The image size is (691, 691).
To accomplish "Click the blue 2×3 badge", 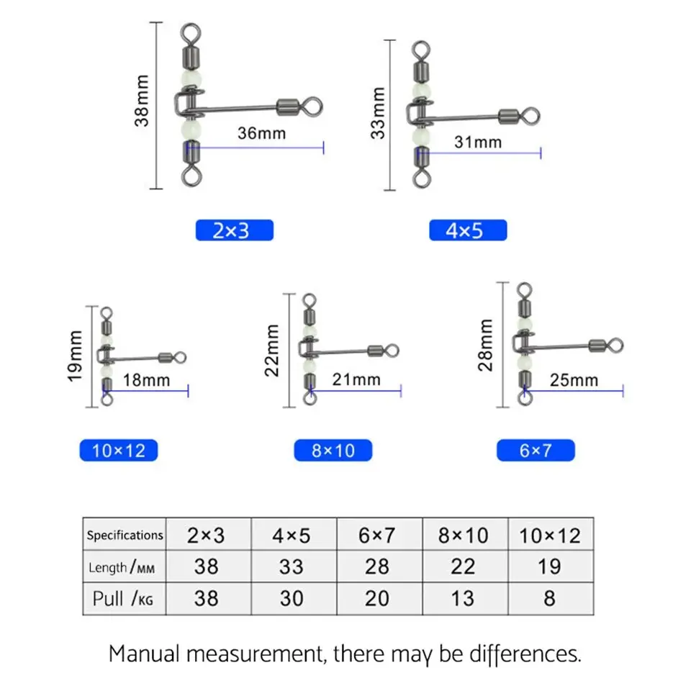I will click(234, 230).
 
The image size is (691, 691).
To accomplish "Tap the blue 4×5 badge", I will click(468, 230).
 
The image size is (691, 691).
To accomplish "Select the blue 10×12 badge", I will click(118, 451).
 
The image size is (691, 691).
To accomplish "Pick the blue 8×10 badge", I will click(333, 451).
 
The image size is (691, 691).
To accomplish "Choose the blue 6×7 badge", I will click(536, 451).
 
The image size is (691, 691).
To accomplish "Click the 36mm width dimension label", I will click(261, 132).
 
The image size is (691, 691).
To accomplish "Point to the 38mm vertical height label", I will click(143, 101).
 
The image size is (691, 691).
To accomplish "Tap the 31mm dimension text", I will click(477, 142).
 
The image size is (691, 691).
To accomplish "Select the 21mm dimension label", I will click(356, 379).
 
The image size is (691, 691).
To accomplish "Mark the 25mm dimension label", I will click(574, 379).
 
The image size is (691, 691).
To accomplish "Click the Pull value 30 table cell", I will click(292, 598).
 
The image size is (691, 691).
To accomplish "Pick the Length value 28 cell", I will click(377, 566).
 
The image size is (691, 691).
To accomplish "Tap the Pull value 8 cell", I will click(549, 598).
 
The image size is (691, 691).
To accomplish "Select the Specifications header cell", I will click(125, 535).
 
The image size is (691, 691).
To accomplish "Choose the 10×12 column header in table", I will click(549, 535).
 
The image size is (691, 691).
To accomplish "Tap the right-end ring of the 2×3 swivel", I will click(310, 107).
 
